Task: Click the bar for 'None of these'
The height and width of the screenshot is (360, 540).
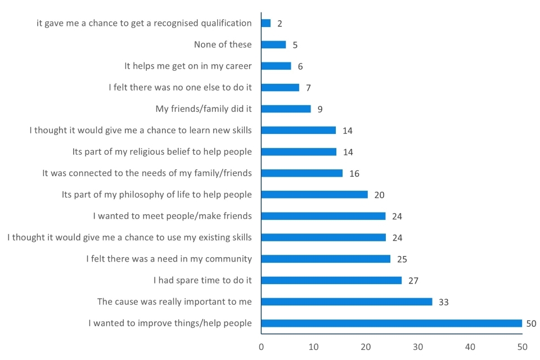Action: tap(273, 44)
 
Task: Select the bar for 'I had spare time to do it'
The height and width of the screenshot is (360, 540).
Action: tap(331, 280)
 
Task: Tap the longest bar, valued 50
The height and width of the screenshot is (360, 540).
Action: tap(391, 323)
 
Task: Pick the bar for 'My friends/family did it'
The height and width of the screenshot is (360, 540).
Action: tap(286, 109)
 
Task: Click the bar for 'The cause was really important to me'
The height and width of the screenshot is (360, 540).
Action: tap(346, 301)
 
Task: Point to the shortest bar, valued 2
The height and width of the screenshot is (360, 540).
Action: tap(266, 23)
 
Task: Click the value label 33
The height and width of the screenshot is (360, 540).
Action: tap(444, 302)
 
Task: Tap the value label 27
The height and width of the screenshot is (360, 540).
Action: tap(413, 281)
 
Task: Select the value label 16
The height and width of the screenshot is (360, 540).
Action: tap(354, 173)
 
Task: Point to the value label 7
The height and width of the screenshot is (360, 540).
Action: tap(308, 88)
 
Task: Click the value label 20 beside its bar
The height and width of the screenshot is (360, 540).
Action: tap(379, 195)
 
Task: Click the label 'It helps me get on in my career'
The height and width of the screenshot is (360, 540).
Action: tap(188, 66)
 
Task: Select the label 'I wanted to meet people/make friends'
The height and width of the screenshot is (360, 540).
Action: tap(172, 215)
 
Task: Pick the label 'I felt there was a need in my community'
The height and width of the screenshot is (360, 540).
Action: tap(169, 259)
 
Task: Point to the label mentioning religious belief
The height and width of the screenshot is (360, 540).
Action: tap(162, 151)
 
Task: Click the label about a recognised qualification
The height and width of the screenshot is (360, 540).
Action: tap(144, 23)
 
